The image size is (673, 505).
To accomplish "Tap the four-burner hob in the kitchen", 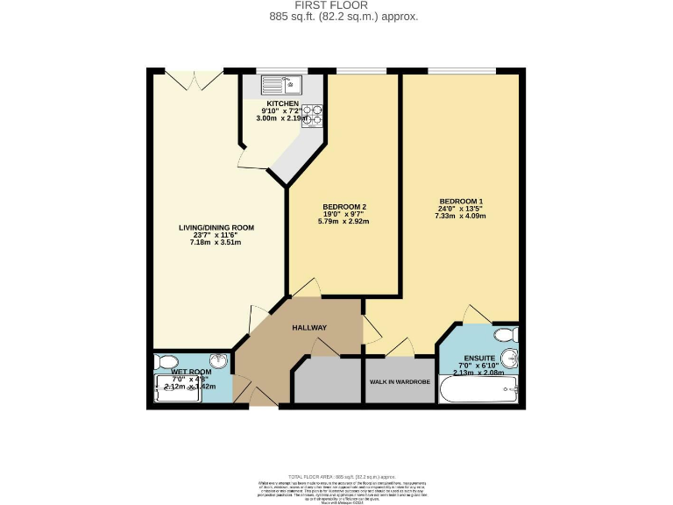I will click(313, 116).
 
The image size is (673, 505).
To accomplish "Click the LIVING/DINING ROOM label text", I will click(216, 228).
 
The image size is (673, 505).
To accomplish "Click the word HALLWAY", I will click(309, 328).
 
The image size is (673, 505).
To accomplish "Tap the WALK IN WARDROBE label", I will click(400, 382).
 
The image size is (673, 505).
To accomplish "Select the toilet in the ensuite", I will click(506, 335).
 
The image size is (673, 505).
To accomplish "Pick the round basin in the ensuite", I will click(513, 360).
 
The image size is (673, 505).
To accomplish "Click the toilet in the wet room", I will click(164, 361).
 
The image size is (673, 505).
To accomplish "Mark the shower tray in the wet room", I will click(180, 388).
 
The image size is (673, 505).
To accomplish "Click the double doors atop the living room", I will click(196, 80).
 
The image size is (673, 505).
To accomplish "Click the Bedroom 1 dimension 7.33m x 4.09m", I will click(462, 216).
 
